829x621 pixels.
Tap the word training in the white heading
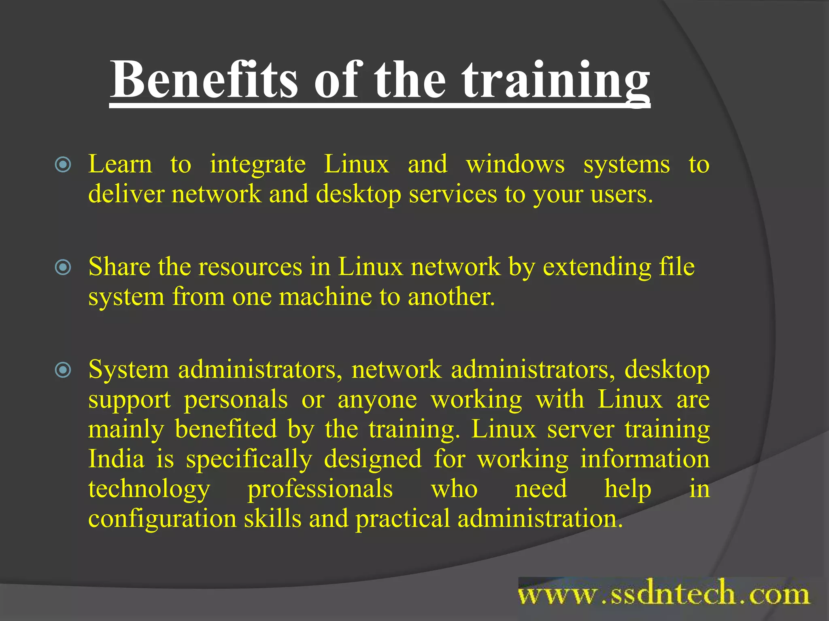pos(556,81)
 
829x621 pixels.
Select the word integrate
pos(258,165)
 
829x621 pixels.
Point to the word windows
pos(515,165)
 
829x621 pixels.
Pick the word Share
pos(119,267)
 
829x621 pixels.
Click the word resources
pos(250,268)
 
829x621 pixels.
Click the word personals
pos(236,400)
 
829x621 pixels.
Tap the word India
pos(116,459)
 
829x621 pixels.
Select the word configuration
pos(162,519)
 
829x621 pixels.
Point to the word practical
pos(402,519)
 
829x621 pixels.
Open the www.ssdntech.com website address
pos(663,595)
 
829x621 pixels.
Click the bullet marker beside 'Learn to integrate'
pos(63,165)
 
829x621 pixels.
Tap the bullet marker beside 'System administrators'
pos(63,370)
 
